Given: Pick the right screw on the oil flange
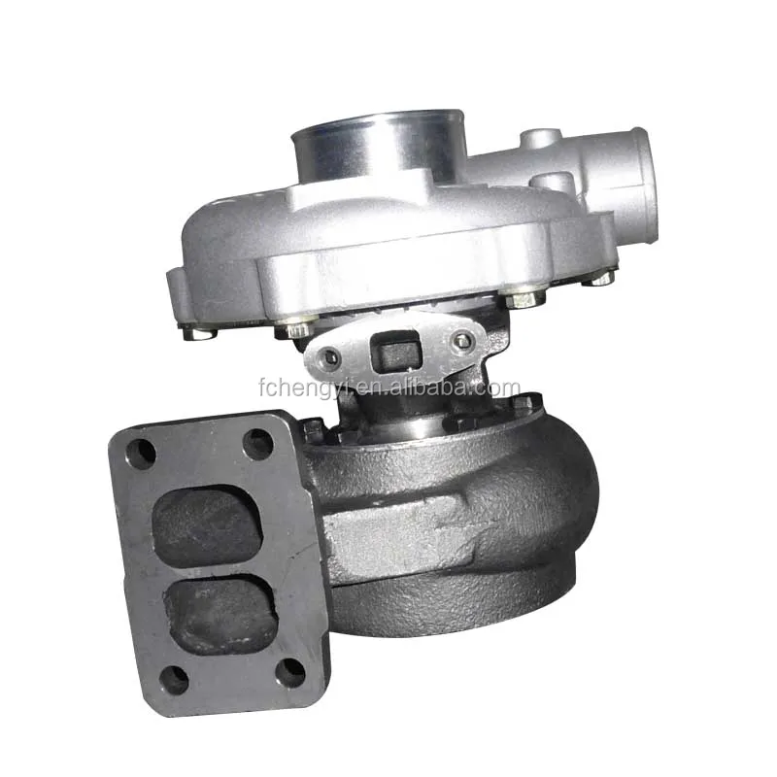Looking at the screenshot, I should pyautogui.click(x=463, y=341).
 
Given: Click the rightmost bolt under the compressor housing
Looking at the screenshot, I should pyautogui.click(x=602, y=278).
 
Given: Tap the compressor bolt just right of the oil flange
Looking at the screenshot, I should pyautogui.click(x=523, y=299).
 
